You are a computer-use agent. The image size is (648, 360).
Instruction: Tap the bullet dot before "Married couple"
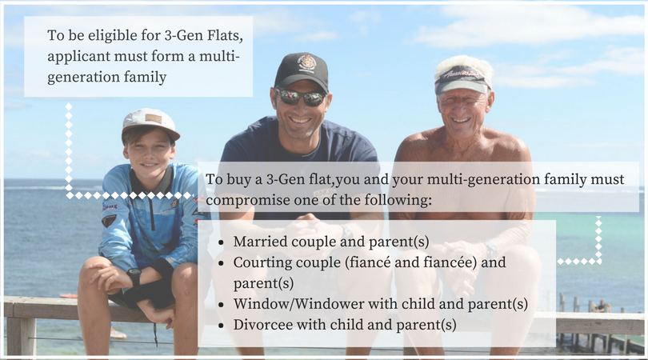221,242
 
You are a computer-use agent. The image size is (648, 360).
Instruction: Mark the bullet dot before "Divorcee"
221,326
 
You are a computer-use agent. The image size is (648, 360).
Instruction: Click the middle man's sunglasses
300,97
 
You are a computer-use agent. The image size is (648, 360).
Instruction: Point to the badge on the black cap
306,63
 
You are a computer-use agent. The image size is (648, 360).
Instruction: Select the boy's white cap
150,122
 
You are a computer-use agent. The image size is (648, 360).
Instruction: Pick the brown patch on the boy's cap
154,118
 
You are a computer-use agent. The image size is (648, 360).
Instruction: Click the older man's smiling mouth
462,121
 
